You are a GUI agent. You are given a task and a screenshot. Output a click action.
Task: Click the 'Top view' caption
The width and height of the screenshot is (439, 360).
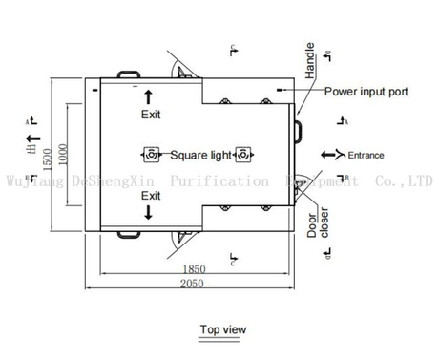tap(222, 329)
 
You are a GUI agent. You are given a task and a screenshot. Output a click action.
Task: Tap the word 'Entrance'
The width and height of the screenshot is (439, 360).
tap(366, 155)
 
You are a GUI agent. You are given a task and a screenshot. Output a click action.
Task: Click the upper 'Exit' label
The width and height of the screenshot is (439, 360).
tap(151, 115)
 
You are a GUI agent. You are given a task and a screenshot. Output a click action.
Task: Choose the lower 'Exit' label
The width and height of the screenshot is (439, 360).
tap(151, 195)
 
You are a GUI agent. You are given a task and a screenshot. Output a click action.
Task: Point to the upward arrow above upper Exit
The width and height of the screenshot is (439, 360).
tap(148, 95)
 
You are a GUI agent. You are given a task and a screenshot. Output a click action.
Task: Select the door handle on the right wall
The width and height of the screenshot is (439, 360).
tap(299, 126)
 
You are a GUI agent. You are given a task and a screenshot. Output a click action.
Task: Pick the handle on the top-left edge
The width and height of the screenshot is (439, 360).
tap(128, 74)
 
